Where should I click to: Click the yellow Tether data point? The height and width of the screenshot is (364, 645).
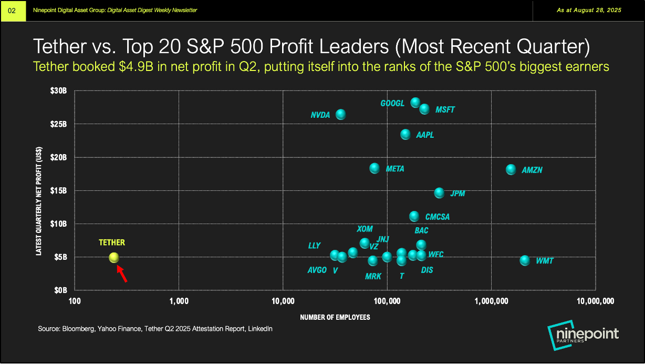(114, 258)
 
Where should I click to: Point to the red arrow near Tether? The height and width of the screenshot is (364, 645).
(121, 274)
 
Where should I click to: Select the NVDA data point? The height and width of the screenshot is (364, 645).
(340, 114)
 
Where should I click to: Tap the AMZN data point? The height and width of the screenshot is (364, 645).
(511, 169)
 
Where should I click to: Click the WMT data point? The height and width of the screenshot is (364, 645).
(525, 260)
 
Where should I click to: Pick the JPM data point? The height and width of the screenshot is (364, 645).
(439, 193)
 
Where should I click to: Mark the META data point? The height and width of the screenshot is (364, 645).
(374, 168)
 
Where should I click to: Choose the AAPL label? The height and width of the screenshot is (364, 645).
(425, 135)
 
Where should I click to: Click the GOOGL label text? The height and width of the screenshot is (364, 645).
(392, 104)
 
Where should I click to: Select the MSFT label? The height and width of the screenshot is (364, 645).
(445, 110)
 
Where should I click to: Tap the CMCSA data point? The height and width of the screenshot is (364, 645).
(414, 216)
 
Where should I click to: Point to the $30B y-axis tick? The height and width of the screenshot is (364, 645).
(59, 90)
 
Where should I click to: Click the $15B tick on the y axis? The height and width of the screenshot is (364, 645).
(59, 190)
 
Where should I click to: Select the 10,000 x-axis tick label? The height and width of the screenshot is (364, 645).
(283, 302)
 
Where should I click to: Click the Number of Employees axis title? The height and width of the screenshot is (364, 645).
(335, 317)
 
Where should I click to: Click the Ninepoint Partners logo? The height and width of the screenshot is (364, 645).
(583, 335)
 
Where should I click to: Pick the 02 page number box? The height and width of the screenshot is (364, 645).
(13, 11)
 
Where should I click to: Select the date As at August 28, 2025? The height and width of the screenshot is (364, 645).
(589, 11)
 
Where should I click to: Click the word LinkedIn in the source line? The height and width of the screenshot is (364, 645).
(260, 329)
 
